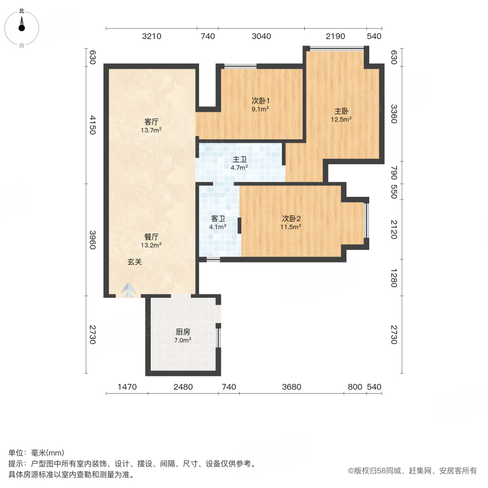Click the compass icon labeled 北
click(x=22, y=27)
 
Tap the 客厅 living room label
click(x=151, y=122)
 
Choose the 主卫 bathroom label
click(x=240, y=159)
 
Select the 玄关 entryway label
click(x=135, y=261)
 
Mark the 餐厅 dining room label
click(x=151, y=237)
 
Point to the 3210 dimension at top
click(x=151, y=36)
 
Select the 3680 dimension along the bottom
click(x=291, y=387)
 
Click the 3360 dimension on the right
click(x=394, y=114)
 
